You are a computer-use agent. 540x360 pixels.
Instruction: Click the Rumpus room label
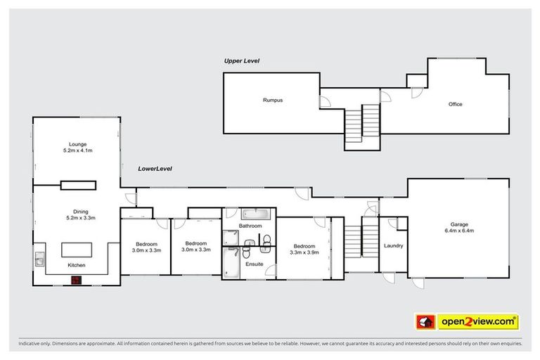(x=273, y=101)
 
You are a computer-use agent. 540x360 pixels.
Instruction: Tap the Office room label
(x=455, y=104)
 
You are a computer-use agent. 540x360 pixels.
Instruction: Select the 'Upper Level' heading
(x=242, y=61)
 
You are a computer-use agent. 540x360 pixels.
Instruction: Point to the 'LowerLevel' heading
(x=155, y=169)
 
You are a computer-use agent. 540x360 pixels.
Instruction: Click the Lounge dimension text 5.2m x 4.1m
(x=77, y=150)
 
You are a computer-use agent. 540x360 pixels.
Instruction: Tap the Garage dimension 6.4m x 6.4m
(x=459, y=231)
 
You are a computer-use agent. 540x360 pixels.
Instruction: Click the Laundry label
(x=393, y=245)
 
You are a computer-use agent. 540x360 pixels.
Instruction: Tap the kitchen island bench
(x=77, y=250)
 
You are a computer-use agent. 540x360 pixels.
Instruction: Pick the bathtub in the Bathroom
(x=250, y=214)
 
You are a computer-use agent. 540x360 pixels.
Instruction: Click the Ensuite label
(x=254, y=264)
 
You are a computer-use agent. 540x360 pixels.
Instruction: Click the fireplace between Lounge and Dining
(x=77, y=185)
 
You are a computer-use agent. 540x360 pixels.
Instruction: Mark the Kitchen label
(x=77, y=266)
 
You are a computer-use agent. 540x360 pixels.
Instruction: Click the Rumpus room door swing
(x=325, y=103)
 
